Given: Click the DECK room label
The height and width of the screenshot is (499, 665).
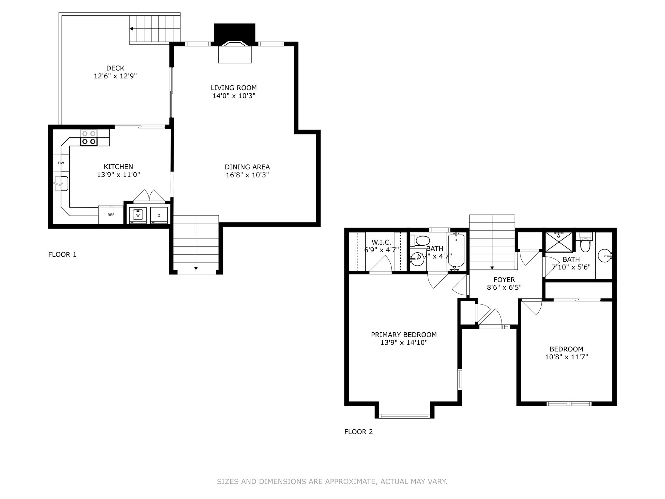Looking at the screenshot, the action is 115,68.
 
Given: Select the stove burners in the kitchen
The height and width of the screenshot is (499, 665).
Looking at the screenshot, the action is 89,138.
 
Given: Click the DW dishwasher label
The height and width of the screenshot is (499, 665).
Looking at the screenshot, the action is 61,163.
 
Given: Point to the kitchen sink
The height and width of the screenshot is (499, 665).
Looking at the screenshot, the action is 61,183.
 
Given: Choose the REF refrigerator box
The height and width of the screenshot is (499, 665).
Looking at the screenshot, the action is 111,215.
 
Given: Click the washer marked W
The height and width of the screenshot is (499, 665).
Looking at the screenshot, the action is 138,215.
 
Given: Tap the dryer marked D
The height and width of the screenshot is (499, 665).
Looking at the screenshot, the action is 159,215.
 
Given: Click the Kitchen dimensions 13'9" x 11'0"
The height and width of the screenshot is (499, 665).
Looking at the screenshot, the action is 118,175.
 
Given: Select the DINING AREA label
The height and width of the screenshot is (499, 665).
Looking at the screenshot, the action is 247,167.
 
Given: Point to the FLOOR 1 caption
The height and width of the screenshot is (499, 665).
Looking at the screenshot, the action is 62,255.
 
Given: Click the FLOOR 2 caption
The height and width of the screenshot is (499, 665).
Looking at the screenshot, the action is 358,432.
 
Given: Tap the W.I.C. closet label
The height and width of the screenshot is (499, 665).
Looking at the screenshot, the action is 381,242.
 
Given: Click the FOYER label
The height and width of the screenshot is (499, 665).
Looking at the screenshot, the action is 504,280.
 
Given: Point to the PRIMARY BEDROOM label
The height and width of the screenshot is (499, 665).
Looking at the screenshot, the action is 404,335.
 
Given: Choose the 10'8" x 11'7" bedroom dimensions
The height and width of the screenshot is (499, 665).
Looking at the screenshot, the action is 567,357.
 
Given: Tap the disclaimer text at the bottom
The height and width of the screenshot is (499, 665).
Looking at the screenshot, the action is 332,482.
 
